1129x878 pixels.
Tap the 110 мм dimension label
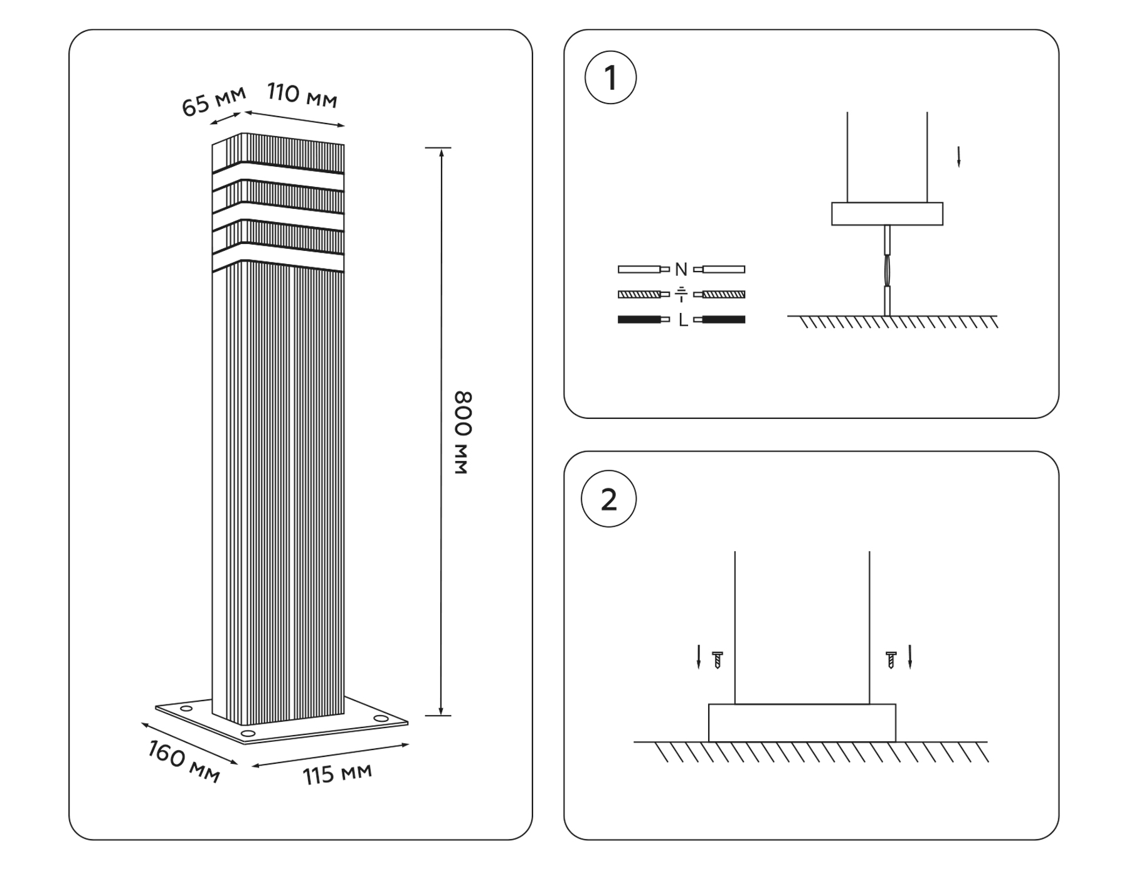302,95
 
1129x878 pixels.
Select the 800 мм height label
462,432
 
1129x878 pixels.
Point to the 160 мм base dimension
184,761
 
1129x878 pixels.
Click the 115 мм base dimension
337,774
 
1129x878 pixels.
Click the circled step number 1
610,78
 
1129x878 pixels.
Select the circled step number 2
608,500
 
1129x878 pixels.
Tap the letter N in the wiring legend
681,270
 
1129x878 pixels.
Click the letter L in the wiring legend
683,320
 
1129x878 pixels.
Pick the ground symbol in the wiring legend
681,294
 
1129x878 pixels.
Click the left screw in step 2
718,660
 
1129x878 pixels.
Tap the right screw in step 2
891,660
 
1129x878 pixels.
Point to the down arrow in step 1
958,157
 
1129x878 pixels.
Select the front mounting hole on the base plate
248,733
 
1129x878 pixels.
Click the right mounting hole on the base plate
381,718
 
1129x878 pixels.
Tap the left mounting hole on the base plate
186,709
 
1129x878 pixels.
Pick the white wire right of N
723,270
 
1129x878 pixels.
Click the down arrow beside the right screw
910,657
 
